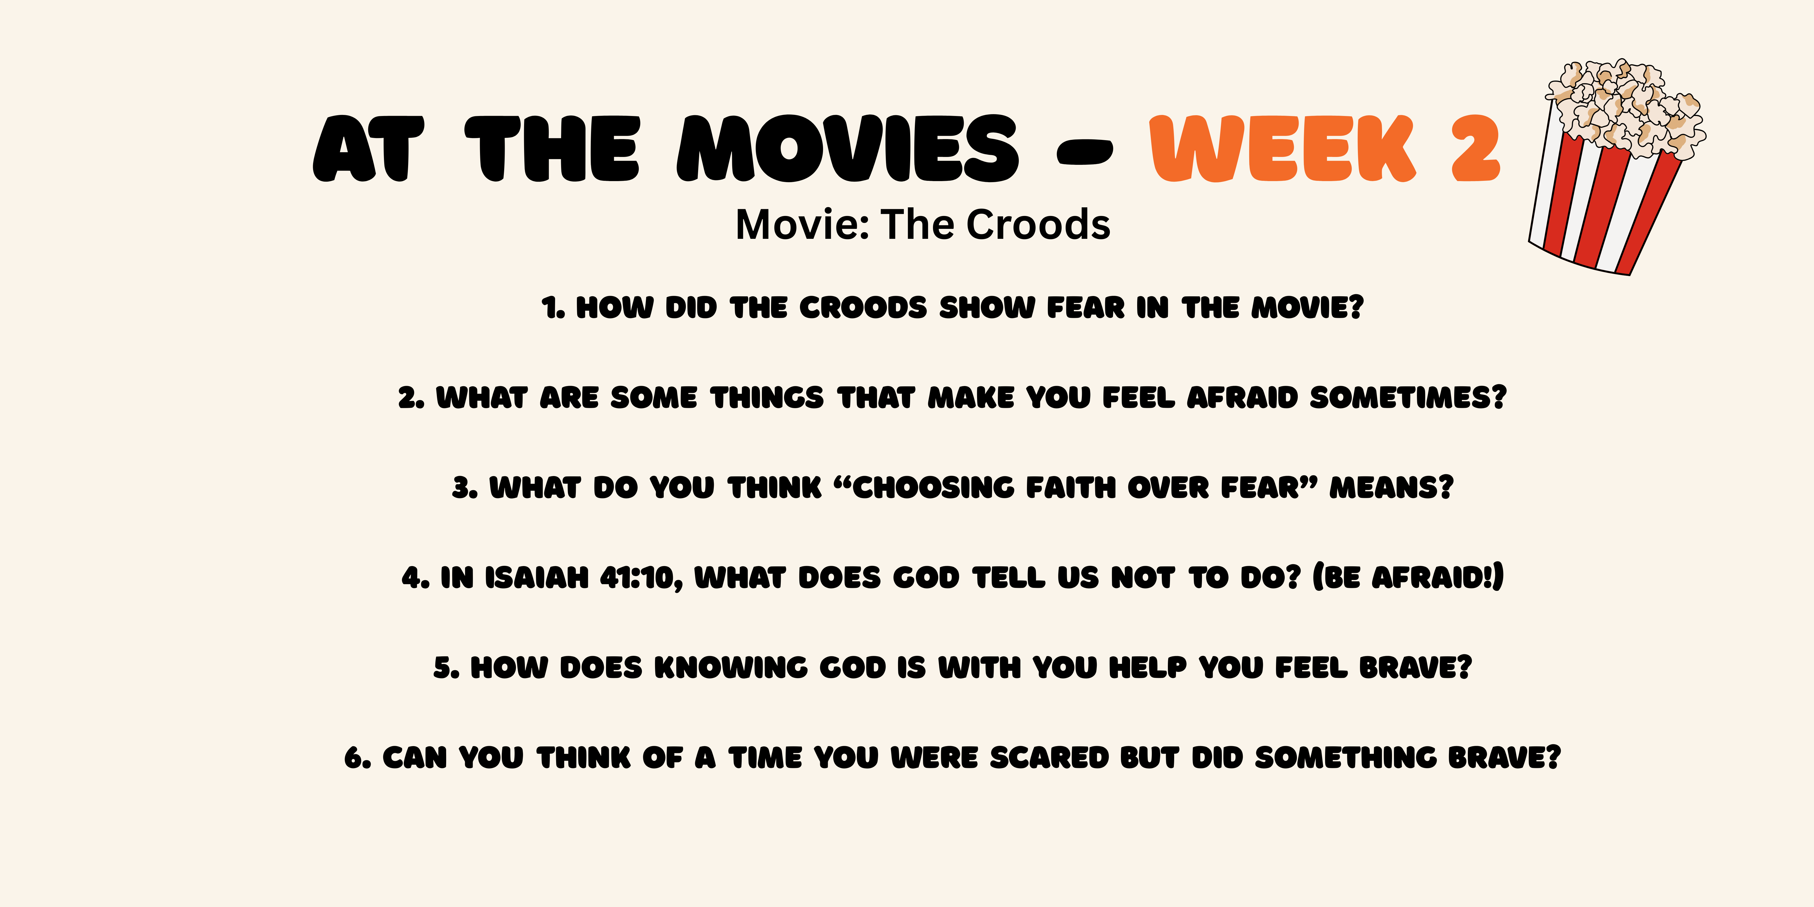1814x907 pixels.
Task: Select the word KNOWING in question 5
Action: pos(731,668)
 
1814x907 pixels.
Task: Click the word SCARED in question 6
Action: pos(1049,758)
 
